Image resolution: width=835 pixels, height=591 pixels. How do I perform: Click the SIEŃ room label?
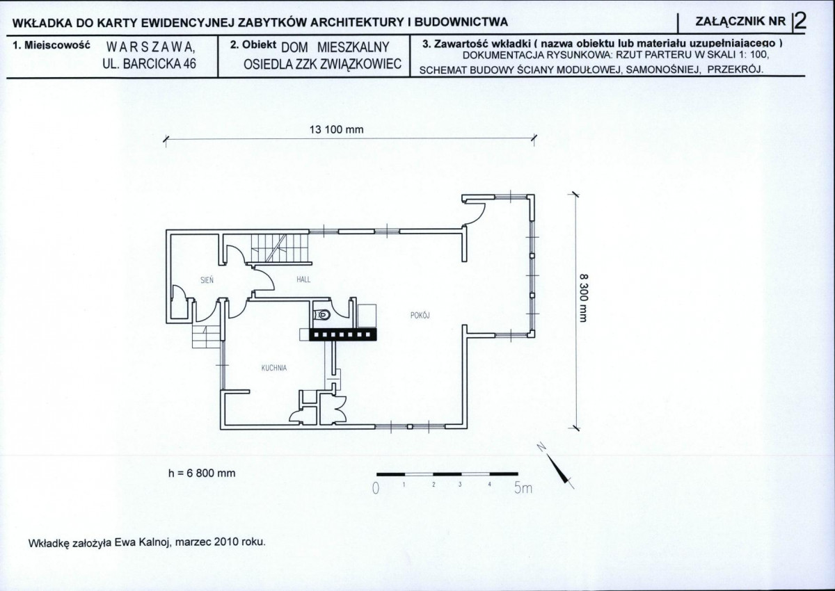pos(207,280)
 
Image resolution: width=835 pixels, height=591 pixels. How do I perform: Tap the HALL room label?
pos(303,280)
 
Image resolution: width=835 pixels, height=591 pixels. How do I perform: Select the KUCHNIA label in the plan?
pos(274,368)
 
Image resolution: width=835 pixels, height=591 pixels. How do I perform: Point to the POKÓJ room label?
pos(420,315)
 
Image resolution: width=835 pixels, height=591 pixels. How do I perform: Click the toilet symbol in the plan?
pos(322,315)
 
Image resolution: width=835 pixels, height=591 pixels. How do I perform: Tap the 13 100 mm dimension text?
pos(336,129)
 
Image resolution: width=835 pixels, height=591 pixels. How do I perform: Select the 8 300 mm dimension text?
pos(584,298)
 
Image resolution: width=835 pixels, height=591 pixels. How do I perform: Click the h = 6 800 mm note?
pos(202,473)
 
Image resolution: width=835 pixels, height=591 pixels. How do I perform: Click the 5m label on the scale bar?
pos(523,488)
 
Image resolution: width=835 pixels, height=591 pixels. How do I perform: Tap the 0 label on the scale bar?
pos(376,488)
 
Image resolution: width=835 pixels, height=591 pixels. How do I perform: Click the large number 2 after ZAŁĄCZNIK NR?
pos(800,22)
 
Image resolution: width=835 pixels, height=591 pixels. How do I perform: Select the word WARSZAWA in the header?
pos(150,47)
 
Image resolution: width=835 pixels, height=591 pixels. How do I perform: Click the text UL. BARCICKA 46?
pos(149,64)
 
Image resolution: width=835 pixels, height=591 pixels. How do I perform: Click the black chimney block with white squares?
pos(342,334)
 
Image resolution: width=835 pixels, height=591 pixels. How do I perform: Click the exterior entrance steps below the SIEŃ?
pos(206,337)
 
